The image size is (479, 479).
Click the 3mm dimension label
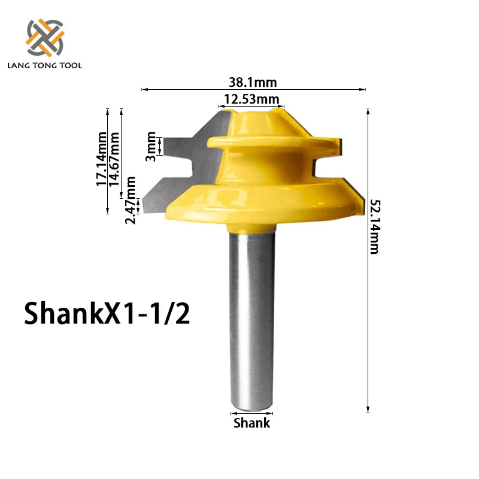[x=151, y=147]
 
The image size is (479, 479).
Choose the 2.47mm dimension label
[x=131, y=199]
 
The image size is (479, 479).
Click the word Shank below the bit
[x=251, y=423]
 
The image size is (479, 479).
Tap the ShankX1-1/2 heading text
[x=107, y=313]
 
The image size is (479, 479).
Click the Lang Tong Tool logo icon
[x=45, y=37]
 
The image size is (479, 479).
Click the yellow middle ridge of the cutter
[x=269, y=144]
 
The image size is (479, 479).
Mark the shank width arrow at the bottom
[x=251, y=413]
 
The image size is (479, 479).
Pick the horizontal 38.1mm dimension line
[x=180, y=89]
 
